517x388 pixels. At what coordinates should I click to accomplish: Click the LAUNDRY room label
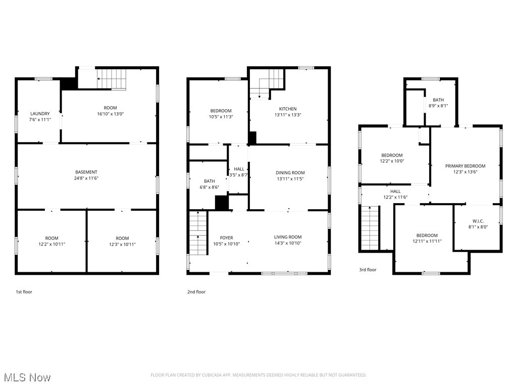pos(40,114)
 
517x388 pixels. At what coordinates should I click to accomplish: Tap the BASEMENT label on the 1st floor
pos(86,172)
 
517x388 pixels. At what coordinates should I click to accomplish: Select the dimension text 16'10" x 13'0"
pos(110,114)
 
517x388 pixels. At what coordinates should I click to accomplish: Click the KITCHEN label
pos(288,109)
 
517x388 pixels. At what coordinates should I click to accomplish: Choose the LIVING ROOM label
pos(288,237)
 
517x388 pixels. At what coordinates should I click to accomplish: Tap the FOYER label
pos(226,238)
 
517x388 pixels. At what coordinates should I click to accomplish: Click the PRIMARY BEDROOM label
pos(465,166)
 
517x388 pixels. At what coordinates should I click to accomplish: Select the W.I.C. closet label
pos(478,221)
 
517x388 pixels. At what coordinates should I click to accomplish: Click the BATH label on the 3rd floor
pos(438,100)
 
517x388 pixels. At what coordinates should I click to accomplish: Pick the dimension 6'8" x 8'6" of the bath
pos(209,187)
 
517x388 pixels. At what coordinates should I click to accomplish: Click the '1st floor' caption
pos(24,292)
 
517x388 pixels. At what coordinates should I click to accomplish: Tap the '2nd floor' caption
pos(196,292)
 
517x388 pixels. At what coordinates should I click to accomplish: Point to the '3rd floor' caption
pos(368,270)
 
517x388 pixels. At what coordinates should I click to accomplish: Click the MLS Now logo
pos(27,377)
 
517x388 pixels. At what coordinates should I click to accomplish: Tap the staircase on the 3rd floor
pos(371,227)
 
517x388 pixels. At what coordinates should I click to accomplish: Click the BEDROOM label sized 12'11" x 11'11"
pos(427,235)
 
